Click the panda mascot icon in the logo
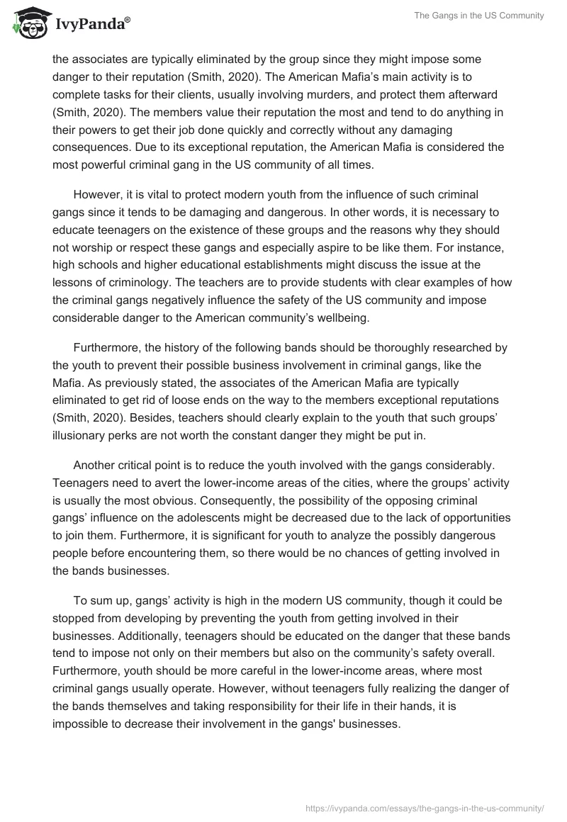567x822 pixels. (x=28, y=26)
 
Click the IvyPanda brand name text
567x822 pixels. (x=89, y=26)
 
